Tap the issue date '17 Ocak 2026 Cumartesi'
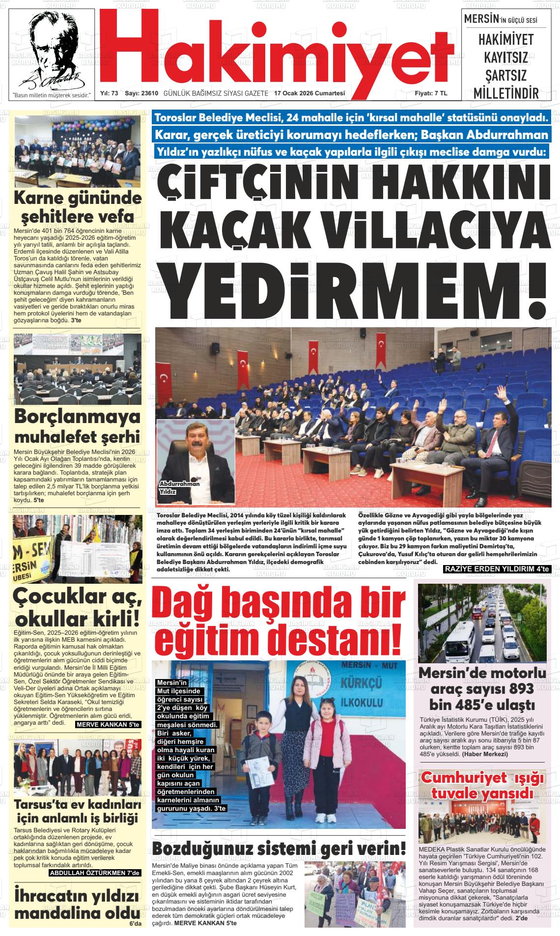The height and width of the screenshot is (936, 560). [309, 93]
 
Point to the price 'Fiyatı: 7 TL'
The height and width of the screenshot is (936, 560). [431, 93]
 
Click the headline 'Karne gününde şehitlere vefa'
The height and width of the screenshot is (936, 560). [77, 207]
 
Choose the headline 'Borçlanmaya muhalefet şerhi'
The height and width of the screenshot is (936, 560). [77, 426]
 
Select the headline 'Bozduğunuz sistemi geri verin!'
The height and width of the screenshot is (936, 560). [279, 848]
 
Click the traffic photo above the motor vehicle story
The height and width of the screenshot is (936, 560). [481, 622]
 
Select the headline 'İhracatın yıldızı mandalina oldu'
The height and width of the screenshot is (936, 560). [77, 904]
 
